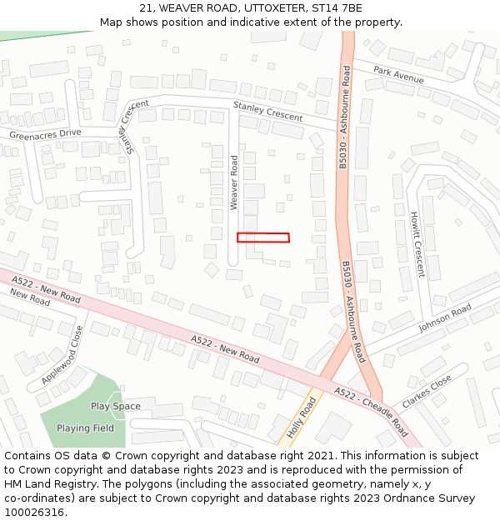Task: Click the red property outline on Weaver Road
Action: pos(263,238)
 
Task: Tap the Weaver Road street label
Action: pos(235,182)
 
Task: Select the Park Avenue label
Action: pos(398,75)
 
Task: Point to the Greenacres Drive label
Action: pos(46,133)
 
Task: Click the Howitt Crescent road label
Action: pos(417,243)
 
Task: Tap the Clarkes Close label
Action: pos(426,390)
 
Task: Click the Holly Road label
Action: pos(302,418)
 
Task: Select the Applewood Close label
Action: pos(63,354)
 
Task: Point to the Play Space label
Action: pos(116,406)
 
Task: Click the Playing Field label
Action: pos(85,428)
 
